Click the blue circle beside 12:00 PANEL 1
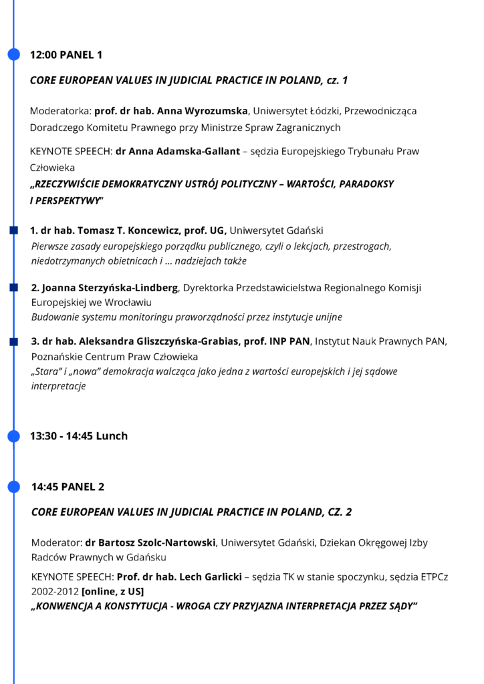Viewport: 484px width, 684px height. coord(13,55)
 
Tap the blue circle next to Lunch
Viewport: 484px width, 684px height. coord(13,436)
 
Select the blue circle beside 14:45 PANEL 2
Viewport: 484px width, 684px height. coord(13,487)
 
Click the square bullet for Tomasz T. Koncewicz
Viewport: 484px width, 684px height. coord(13,230)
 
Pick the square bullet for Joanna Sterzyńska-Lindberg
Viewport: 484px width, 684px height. coord(13,288)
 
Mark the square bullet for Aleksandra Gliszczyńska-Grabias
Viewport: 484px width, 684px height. coord(13,342)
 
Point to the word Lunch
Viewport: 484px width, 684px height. coord(112,436)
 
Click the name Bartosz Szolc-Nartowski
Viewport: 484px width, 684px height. coord(157,542)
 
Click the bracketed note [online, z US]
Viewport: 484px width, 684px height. coord(112,591)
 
